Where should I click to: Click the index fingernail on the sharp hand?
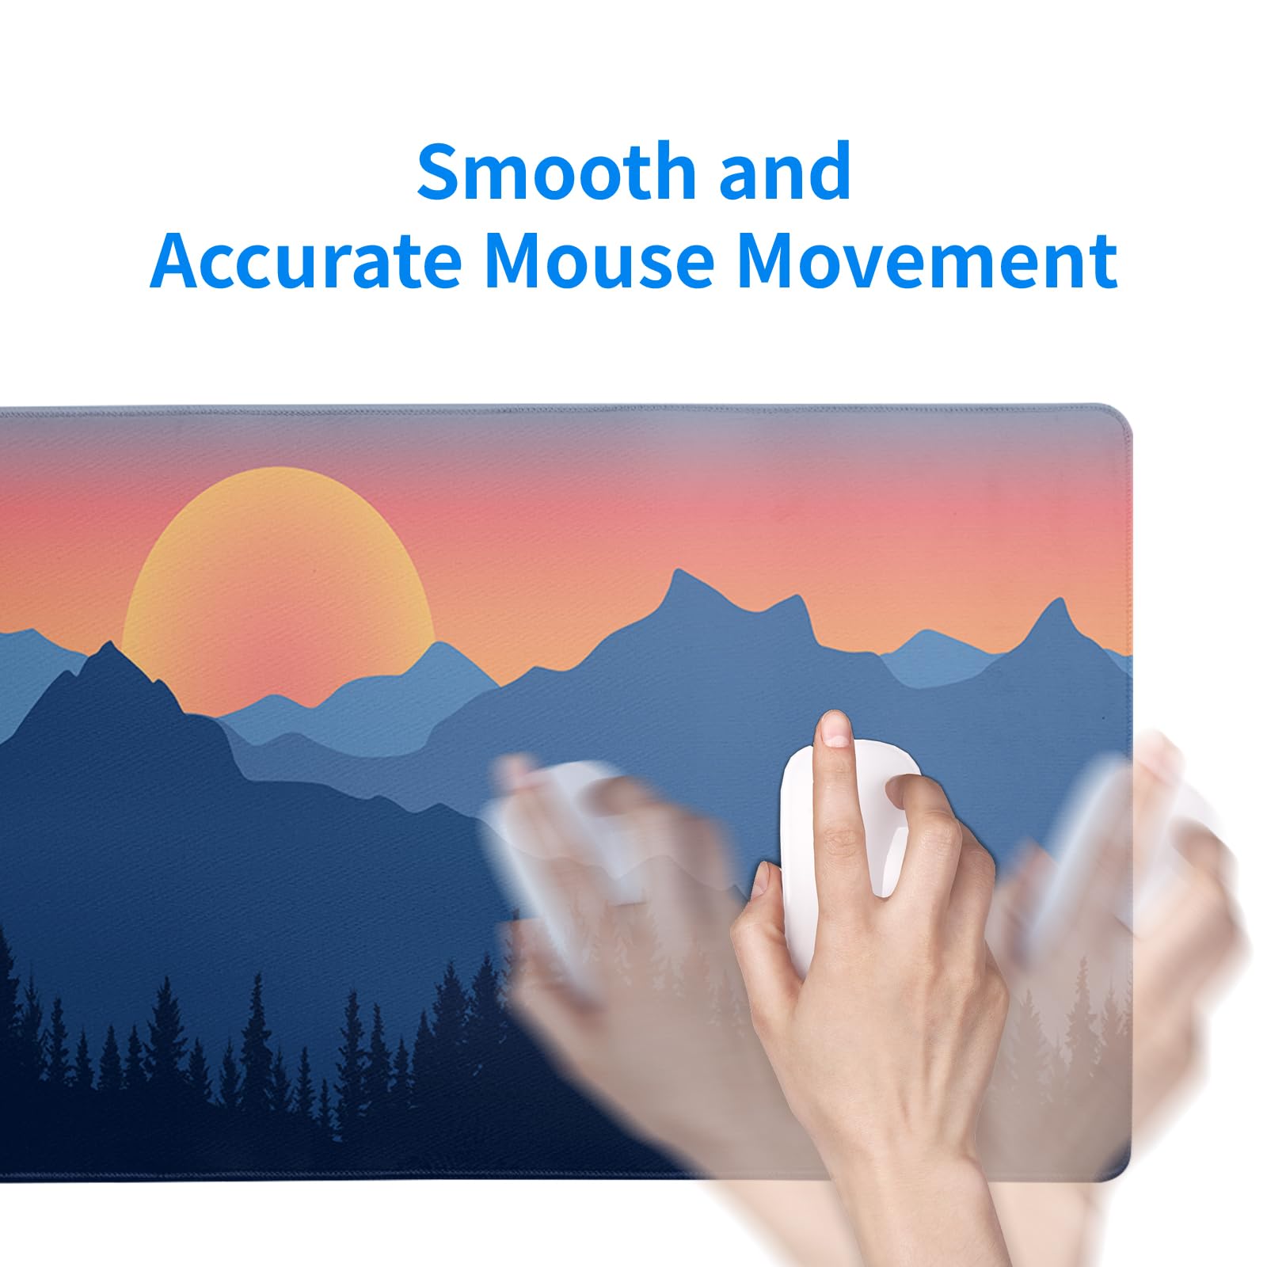click(x=834, y=729)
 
